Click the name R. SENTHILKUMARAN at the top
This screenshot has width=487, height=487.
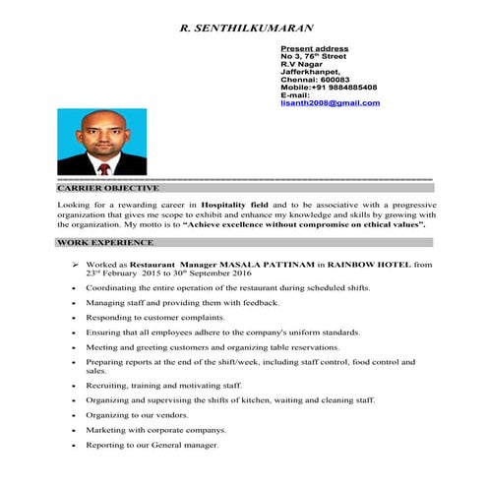[247, 28]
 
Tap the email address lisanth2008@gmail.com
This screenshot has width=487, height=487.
[330, 102]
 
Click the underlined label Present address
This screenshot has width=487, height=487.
[314, 48]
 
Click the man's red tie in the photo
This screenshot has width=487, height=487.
[103, 167]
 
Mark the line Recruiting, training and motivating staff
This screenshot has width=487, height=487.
[163, 386]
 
